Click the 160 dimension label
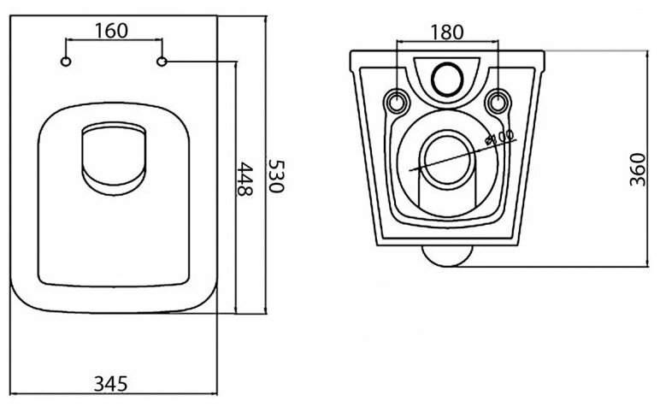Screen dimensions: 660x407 (x=111, y=30)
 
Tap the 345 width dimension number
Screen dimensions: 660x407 (x=110, y=384)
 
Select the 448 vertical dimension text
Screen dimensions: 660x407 (x=245, y=179)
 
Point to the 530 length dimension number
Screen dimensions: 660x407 (x=276, y=176)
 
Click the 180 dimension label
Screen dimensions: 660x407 (x=447, y=32)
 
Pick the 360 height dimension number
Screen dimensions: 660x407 (x=638, y=169)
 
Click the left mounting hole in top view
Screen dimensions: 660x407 (x=66, y=62)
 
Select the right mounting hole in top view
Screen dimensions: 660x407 (x=162, y=62)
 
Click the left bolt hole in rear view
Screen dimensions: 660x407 (x=397, y=101)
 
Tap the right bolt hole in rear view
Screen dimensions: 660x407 (x=498, y=101)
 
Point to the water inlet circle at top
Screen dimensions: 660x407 (x=447, y=79)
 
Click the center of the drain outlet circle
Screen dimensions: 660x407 (x=447, y=160)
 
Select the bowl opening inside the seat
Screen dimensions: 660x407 (x=114, y=159)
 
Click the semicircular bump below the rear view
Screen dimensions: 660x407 (x=447, y=255)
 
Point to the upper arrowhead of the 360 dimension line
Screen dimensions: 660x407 (x=648, y=55)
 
